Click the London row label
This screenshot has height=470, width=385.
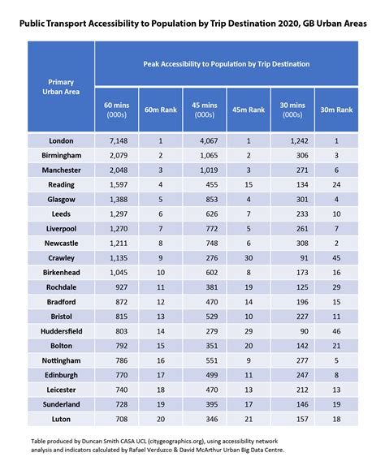click(x=62, y=140)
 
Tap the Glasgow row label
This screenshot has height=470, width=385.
click(x=62, y=199)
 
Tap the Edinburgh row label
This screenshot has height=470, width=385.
click(x=62, y=374)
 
